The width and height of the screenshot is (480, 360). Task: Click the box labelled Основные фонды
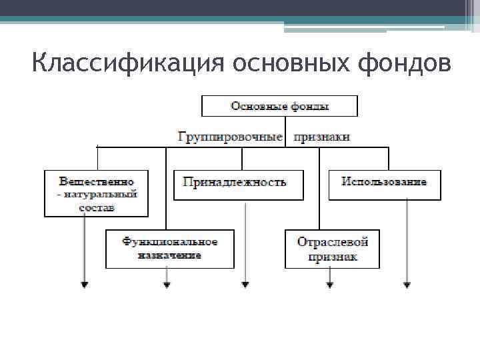[279, 106]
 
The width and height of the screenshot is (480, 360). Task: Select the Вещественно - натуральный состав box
[97, 193]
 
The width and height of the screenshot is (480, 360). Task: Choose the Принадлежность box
[238, 185]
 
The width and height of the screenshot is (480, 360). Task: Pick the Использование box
[384, 185]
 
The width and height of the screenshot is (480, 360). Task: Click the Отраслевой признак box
[332, 249]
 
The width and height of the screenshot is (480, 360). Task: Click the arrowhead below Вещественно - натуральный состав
[84, 285]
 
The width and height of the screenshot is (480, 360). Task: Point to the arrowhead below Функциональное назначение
[167, 285]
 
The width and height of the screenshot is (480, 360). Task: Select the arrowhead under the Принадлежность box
[245, 285]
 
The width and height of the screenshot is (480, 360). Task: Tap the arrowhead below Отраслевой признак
[329, 285]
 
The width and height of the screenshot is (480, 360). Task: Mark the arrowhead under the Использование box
[407, 285]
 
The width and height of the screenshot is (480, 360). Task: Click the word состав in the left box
[97, 207]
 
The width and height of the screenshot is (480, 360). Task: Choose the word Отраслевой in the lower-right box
[332, 241]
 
